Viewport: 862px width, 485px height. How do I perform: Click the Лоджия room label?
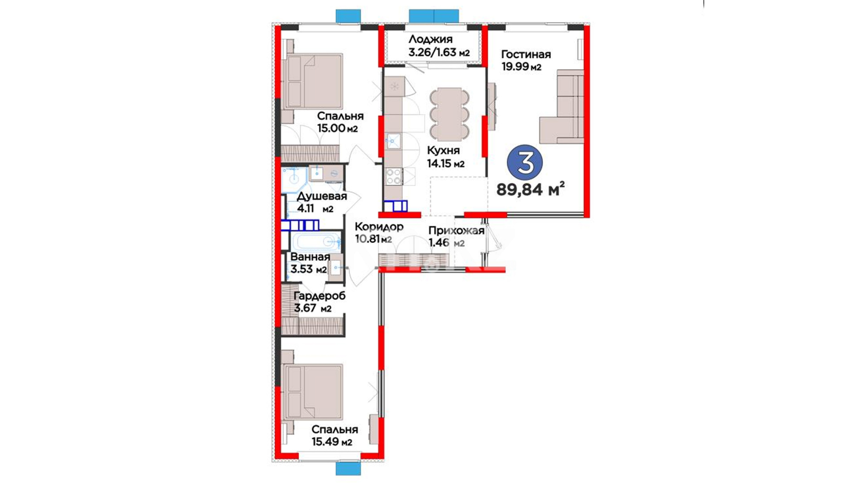point(430,40)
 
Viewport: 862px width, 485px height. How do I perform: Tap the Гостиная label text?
point(526,54)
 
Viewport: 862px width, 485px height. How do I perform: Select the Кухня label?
point(443,150)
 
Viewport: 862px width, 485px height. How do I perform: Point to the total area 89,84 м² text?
point(530,190)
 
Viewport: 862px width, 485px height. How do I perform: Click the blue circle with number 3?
point(525,163)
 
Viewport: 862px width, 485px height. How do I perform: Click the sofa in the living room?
point(562,106)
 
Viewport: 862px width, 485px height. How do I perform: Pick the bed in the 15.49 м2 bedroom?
point(313,392)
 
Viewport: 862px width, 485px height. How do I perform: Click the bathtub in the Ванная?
point(316,242)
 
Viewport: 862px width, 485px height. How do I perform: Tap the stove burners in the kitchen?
point(394,176)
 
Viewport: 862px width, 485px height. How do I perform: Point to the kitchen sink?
point(393,141)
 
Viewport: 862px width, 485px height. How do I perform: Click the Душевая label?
point(322,196)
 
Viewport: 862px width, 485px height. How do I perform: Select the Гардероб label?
point(319,296)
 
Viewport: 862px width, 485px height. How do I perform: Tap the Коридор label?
point(379,227)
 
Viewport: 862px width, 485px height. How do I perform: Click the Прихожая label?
point(456,231)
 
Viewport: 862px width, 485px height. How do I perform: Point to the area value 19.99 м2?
point(521,67)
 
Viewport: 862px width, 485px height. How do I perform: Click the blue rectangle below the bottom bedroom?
point(348,468)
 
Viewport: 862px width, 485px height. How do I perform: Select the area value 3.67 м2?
point(312,308)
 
